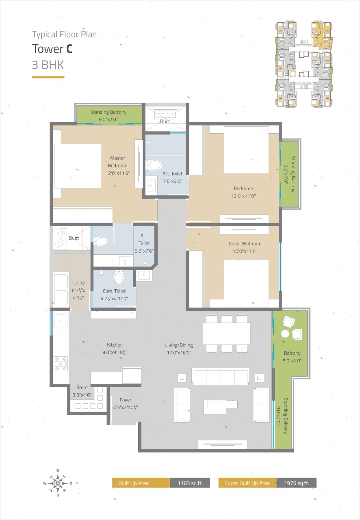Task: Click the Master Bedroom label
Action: tap(117, 162)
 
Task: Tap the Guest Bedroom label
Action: tap(245, 243)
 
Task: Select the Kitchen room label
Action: tap(115, 345)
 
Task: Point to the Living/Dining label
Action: tap(179, 345)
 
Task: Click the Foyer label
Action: tap(126, 400)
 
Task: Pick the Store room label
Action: tap(82, 388)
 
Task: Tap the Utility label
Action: tap(78, 283)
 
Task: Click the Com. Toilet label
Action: tap(114, 291)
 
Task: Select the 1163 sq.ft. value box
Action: tap(190, 483)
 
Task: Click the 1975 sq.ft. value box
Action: tap(296, 483)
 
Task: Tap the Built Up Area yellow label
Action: tap(141, 483)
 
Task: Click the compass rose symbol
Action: tap(58, 483)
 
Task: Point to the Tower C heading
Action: tap(52, 49)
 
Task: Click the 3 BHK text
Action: tap(48, 65)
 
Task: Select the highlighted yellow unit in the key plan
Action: tap(321, 35)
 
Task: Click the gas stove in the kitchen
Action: tap(61, 364)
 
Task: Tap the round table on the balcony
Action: tap(285, 334)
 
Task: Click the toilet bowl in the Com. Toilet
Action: tap(119, 277)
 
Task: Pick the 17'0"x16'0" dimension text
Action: tap(179, 353)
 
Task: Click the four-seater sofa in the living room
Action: tap(220, 376)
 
